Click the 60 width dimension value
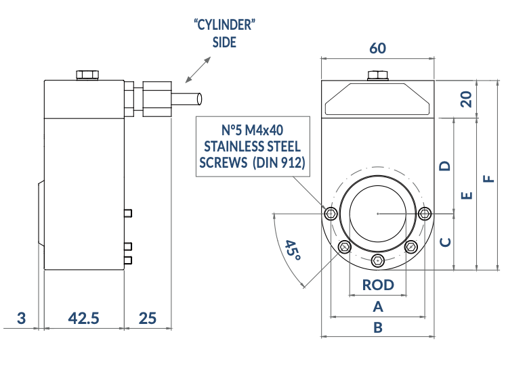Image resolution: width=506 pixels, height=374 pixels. pos(378,48)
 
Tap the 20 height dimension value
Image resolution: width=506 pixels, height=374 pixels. pos(465,99)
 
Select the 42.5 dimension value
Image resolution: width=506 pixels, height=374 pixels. pos(84,318)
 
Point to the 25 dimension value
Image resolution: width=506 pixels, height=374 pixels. pos(147,318)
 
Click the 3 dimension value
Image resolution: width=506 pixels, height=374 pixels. pos(21,318)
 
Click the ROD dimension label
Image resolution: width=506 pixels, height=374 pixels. pos(378,284)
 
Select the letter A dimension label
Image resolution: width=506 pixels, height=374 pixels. pos(379,306)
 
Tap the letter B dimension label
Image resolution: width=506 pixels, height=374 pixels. pos(379,327)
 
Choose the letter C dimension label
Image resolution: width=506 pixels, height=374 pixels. pos(445,242)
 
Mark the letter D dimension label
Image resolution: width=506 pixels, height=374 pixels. pos(445,166)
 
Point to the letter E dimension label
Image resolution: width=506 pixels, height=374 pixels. pos(466,195)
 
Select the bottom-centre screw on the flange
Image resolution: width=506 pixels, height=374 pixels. pos(378,261)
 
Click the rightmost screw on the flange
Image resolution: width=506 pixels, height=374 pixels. pos(425,214)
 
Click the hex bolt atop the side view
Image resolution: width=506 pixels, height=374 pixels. pos(86,74)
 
